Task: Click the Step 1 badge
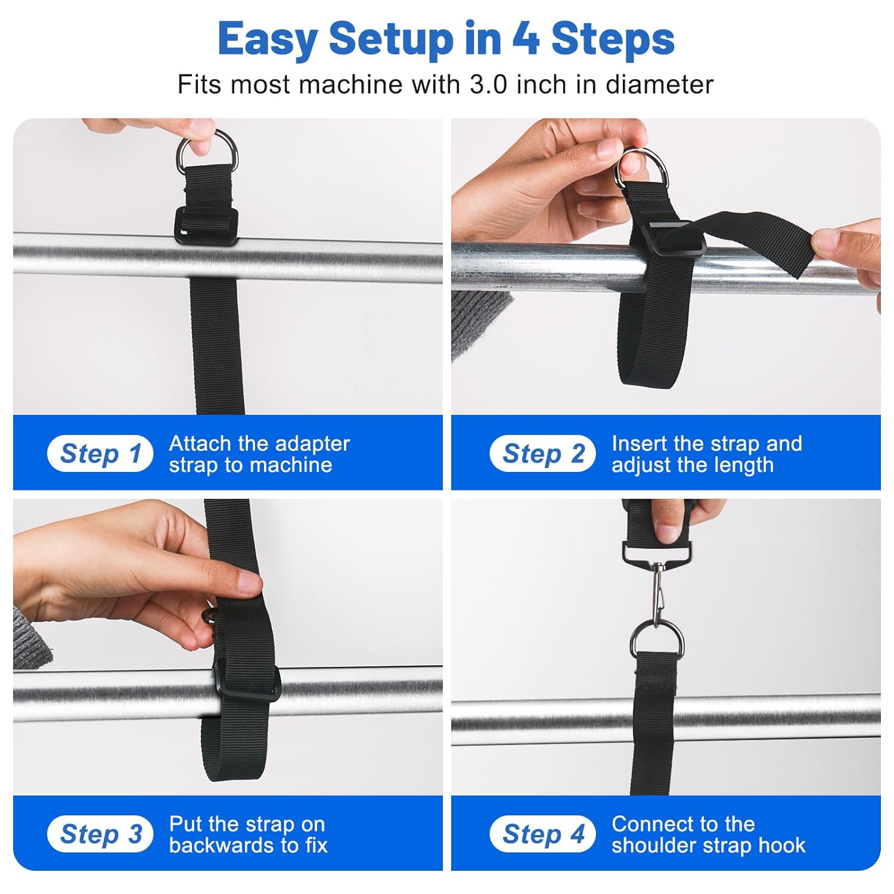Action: [100, 454]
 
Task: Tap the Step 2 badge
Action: [542, 454]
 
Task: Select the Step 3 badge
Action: [100, 834]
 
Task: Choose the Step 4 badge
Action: [542, 834]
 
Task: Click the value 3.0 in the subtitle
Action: [489, 85]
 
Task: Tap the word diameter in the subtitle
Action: [660, 85]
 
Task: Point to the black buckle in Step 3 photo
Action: [246, 679]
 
